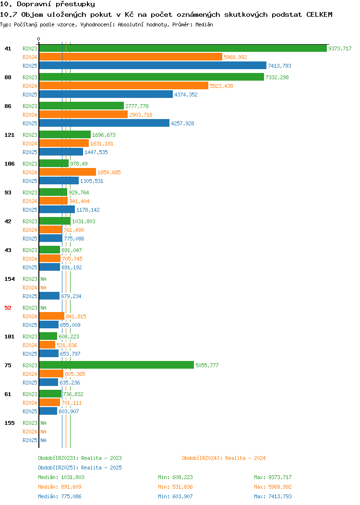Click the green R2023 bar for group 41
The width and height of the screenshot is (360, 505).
183,48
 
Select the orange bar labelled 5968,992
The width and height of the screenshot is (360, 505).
131,57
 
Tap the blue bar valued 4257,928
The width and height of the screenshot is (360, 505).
104,123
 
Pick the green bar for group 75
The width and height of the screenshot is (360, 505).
117,365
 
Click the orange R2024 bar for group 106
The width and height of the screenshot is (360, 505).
68,172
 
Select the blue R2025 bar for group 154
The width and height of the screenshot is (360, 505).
49,296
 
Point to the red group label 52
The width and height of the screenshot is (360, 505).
8,308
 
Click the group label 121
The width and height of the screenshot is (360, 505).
9,134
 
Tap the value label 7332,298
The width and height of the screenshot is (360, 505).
277,77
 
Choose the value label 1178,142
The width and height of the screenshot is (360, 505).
88,210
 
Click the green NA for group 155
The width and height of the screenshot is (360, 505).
44,423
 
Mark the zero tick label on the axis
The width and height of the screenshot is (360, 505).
39,39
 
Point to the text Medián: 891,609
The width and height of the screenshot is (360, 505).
60,487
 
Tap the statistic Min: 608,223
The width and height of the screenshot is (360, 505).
175,477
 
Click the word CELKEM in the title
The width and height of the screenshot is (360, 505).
319,14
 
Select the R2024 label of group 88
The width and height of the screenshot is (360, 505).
30,86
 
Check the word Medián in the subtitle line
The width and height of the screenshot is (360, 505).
204,24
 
